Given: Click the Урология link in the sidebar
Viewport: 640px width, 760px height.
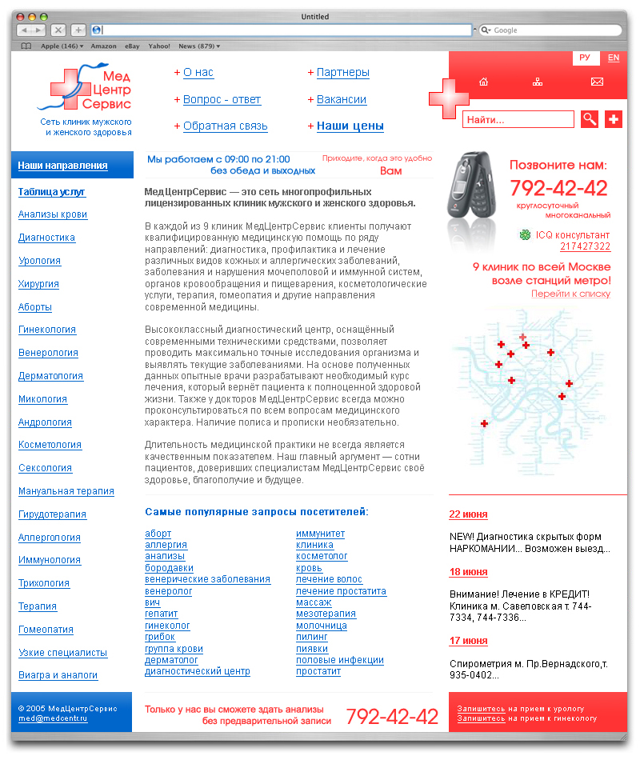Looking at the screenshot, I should coord(39,261).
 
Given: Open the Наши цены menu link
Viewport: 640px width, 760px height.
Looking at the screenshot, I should coord(350,126).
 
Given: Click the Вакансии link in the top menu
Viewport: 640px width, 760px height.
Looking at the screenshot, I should coord(341,99).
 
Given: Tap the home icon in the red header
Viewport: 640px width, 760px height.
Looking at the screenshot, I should coord(483,82).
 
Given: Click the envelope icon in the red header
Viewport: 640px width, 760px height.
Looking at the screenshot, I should coord(597,82).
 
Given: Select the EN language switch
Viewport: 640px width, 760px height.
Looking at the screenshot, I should coord(613,58).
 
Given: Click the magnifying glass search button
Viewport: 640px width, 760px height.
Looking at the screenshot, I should coord(590,119).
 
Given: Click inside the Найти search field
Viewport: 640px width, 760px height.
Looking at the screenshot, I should coord(518,120).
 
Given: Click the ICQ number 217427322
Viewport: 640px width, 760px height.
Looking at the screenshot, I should coord(585,246).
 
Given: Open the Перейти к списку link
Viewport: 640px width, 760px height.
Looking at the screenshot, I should coord(570,294).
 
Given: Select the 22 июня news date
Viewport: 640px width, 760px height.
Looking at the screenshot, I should coord(468,514).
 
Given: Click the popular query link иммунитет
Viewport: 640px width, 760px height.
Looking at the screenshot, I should coord(320,534).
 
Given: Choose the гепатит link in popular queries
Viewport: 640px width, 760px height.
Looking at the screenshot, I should coord(161,614).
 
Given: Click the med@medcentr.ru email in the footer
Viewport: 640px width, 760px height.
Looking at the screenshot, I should coord(53,718).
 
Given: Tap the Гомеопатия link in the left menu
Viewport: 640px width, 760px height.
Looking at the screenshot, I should coord(46,630).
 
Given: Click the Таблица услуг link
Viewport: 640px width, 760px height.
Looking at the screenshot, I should coord(51,192).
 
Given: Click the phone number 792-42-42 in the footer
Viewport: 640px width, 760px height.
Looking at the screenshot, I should coord(392,716).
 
